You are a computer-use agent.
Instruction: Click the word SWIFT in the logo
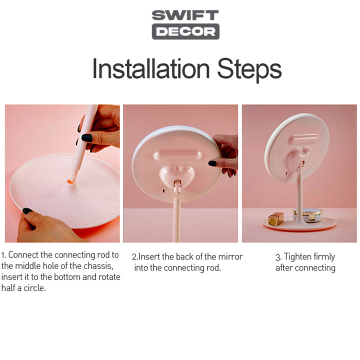point(185,15)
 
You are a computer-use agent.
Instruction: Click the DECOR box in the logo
point(185,31)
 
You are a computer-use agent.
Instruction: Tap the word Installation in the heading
point(151,68)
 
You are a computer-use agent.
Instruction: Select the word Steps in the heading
point(249,69)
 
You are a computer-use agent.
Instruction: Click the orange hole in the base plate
point(71,182)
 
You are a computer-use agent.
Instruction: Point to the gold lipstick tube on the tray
point(275,219)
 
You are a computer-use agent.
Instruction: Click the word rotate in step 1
point(109,277)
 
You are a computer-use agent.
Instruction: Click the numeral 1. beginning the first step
point(4,255)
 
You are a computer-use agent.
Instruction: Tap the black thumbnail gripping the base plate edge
point(27,211)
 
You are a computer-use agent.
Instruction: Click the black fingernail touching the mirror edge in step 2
point(212,163)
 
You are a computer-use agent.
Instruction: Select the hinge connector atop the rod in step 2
point(177,186)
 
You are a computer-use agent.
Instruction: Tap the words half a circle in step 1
point(23,288)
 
